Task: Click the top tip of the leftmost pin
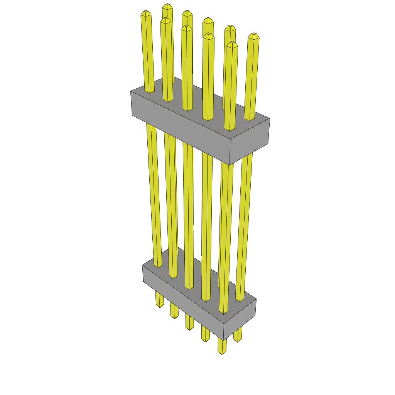(145, 13)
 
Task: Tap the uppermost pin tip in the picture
(167, 6)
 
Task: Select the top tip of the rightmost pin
(253, 35)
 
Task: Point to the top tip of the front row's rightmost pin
(232, 44)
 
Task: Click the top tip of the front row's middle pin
(187, 27)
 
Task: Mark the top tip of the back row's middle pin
(208, 20)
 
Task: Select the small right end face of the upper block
(249, 141)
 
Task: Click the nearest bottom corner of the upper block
(230, 165)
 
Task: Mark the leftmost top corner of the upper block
(131, 91)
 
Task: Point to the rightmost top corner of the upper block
(270, 118)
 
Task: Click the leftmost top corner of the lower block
(142, 265)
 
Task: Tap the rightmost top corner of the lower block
(256, 299)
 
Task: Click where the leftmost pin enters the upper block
(149, 92)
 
